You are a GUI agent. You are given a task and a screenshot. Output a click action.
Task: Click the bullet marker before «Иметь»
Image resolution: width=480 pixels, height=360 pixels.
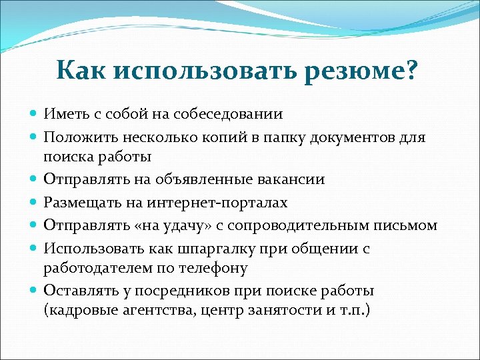35,114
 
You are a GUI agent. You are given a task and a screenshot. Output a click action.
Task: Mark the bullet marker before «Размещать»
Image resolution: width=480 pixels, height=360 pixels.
35,202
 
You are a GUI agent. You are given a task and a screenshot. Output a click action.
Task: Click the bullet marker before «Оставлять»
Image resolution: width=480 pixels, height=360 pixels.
35,291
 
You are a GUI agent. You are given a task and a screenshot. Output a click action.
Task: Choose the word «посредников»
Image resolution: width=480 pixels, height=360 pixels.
176,291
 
